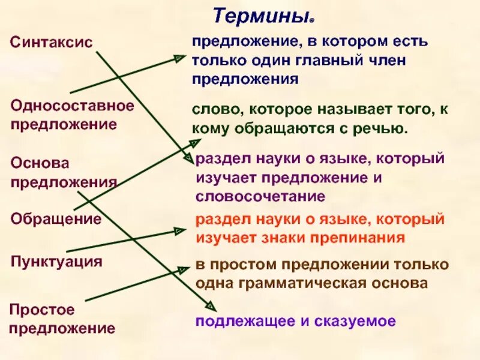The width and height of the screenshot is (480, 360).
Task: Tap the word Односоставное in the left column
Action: (72, 106)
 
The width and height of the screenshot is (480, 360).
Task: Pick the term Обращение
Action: (56, 219)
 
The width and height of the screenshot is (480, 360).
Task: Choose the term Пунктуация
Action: (56, 262)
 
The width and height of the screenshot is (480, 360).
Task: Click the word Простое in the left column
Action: (43, 310)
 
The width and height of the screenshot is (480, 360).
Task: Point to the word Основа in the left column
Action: (40, 163)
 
